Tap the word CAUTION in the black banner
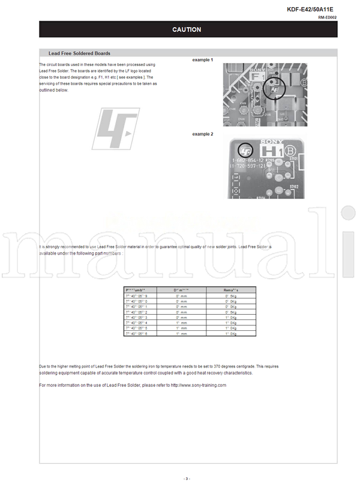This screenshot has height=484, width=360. click(x=187, y=29)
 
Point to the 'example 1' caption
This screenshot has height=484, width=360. click(x=202, y=60)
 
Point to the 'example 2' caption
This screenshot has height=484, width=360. click(x=202, y=134)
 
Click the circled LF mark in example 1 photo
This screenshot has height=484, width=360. click(x=276, y=89)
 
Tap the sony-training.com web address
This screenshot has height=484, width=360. click(x=198, y=385)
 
